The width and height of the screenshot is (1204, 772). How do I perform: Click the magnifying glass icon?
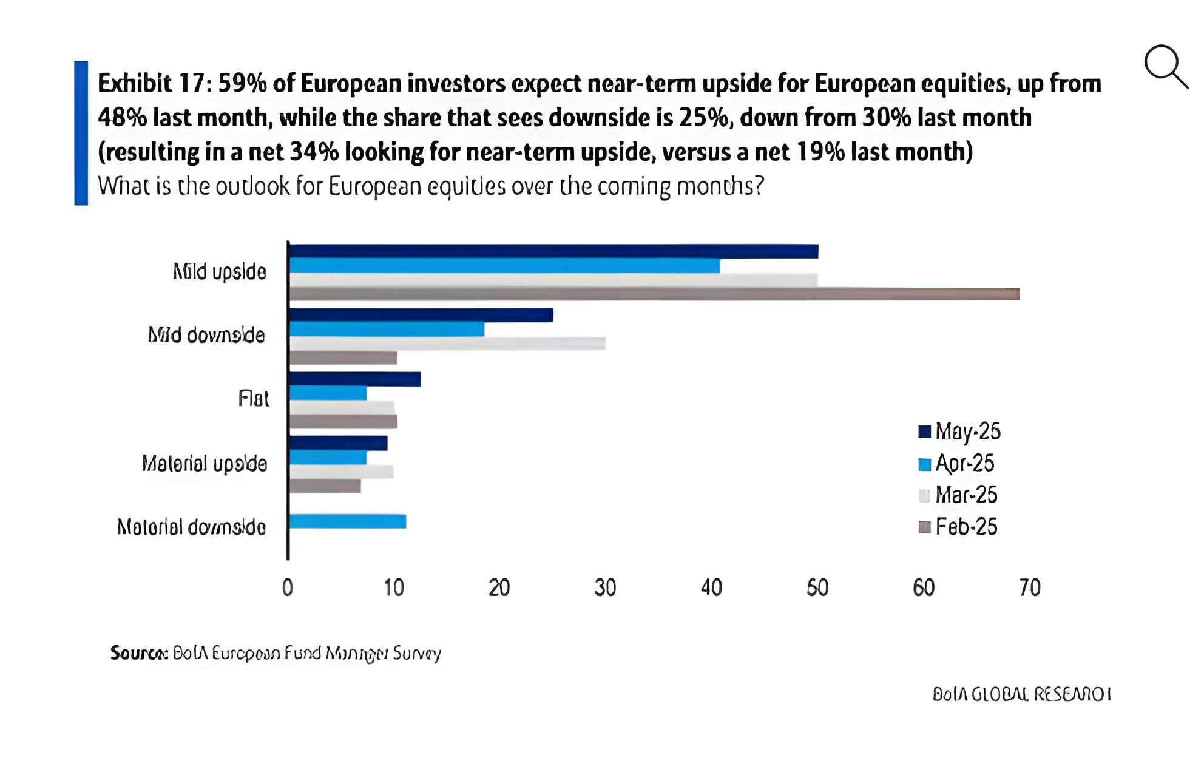point(1165,66)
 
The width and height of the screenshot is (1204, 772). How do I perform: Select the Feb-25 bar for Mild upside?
point(654,294)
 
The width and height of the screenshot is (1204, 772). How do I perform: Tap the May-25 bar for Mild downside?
point(421,315)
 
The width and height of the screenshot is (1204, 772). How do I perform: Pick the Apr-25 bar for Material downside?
point(348,521)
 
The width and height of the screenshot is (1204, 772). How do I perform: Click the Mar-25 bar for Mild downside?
point(447,344)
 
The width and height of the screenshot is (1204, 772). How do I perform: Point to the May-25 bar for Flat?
point(355,379)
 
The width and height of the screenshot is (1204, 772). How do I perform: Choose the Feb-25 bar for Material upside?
point(325,486)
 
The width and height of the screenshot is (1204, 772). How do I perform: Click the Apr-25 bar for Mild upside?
point(504,266)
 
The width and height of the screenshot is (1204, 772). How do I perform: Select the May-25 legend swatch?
point(924,432)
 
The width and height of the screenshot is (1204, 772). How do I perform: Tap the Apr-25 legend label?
point(965,464)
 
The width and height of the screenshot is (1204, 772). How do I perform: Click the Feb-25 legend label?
point(966,527)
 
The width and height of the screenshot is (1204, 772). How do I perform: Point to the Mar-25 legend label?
point(966,495)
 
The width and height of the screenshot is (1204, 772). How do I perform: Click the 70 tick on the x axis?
point(1030,587)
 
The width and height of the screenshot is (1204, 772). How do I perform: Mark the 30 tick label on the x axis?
point(605,587)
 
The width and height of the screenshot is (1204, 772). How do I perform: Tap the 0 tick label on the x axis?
point(288,587)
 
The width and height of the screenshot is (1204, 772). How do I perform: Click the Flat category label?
point(253,399)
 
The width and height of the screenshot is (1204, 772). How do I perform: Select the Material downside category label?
point(191,527)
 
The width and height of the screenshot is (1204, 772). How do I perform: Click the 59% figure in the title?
point(242,83)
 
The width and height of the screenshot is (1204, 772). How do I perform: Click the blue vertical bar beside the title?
point(81,133)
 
